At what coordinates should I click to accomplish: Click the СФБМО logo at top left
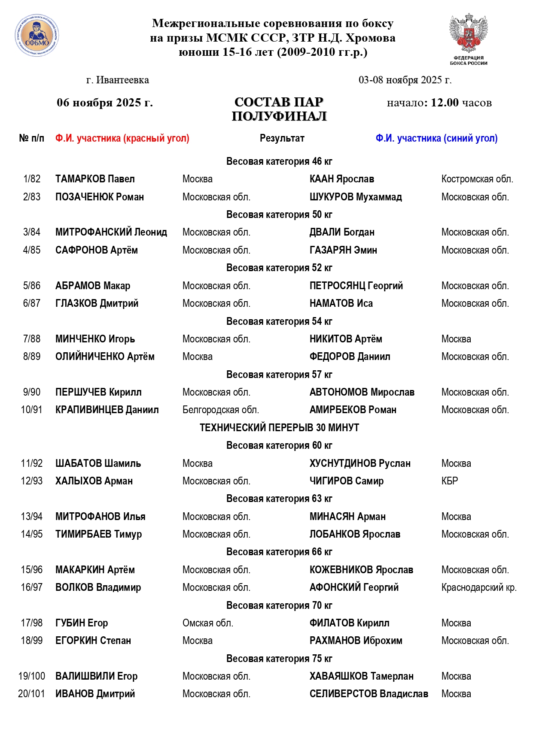point(37,36)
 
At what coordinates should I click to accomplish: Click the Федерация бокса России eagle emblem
point(469,34)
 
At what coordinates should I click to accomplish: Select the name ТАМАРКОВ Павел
point(95,179)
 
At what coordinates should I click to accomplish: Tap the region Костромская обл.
point(477,179)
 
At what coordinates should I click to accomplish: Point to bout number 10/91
point(32,410)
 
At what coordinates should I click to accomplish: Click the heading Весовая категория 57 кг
point(279,375)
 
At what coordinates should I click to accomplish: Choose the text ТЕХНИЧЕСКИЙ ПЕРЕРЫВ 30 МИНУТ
point(279,428)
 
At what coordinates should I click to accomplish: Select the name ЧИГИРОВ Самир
point(347,481)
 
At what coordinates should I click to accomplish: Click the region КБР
point(450,481)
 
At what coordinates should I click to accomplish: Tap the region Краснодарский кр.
point(479,587)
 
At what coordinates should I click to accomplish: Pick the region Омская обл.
point(208,623)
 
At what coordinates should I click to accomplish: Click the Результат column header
point(282,138)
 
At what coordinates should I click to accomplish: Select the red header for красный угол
point(122,138)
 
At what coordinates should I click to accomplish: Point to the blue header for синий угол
point(436,138)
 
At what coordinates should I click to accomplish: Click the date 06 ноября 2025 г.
point(105,103)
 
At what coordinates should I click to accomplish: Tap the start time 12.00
point(445,103)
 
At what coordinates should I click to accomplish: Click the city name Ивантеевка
point(122,80)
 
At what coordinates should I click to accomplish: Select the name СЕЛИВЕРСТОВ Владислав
point(369,694)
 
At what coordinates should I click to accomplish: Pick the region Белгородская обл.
point(221,410)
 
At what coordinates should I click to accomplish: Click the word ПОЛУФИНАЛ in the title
point(279,116)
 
